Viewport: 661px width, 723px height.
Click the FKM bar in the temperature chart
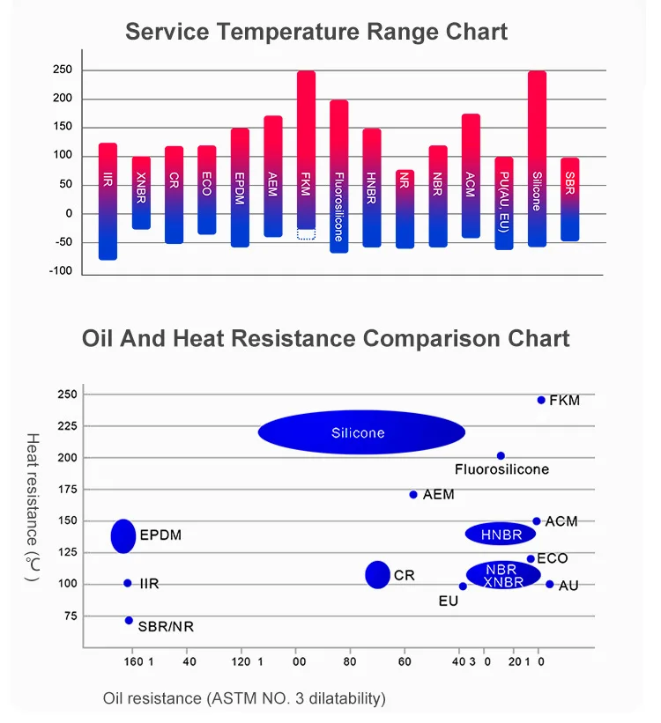[x=306, y=150]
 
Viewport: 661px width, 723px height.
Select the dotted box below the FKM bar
[x=306, y=234]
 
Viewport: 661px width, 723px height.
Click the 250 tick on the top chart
[x=62, y=70]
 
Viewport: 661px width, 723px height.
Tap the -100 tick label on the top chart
[x=60, y=270]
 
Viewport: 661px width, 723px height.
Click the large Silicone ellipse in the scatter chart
[x=361, y=432]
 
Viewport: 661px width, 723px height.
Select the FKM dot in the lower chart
[x=541, y=400]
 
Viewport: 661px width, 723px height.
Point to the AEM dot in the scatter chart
[x=413, y=494]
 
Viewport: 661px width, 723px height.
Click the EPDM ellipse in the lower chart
[x=123, y=535]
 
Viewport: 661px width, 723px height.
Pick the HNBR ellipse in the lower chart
[x=501, y=534]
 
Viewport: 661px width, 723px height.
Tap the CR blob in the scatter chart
[x=377, y=574]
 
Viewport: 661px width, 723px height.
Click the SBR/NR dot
[x=129, y=620]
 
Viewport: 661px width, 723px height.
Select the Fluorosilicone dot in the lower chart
[x=501, y=455]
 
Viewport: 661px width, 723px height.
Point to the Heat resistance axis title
[x=32, y=506]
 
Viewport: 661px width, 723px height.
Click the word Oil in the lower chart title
[x=100, y=338]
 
